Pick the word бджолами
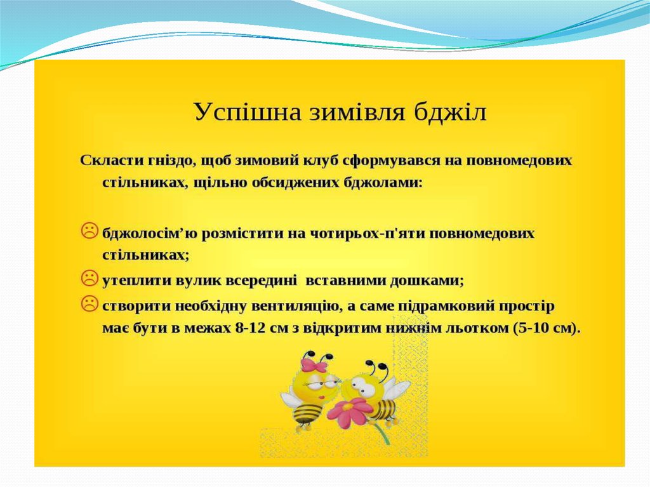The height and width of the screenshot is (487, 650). pos(383,183)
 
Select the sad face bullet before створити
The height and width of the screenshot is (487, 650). pos(89,303)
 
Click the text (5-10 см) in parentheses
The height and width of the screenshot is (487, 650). pos(545,328)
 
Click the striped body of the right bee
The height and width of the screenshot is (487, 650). pos(381,408)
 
